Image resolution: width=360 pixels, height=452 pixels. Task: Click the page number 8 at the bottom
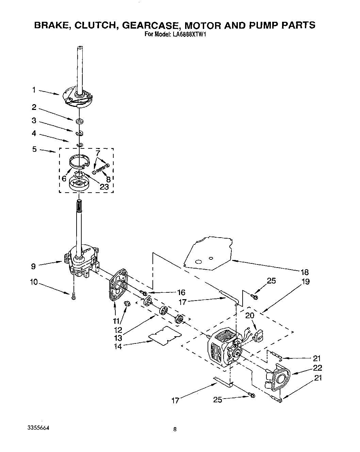(x=175, y=430)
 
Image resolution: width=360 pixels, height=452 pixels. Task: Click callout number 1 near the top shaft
(x=34, y=90)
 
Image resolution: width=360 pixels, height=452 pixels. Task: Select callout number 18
(x=305, y=272)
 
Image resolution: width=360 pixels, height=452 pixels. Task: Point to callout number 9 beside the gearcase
(x=33, y=267)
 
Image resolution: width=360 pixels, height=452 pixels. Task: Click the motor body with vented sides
(x=221, y=347)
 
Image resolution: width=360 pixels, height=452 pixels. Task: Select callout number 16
(x=181, y=292)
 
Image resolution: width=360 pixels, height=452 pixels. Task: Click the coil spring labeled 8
(x=101, y=167)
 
